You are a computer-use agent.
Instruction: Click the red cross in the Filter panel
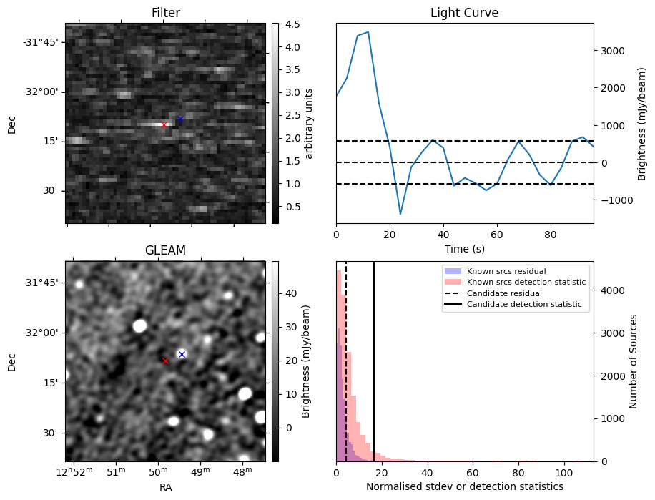(164, 124)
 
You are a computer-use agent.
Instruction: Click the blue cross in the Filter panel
(180, 119)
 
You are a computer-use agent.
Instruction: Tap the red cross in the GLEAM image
(165, 361)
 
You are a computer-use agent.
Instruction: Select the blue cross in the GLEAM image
(182, 354)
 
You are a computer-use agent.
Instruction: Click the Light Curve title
(464, 13)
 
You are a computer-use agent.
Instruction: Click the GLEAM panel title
(165, 250)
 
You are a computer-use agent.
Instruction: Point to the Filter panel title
(165, 13)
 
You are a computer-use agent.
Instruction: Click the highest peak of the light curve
(368, 32)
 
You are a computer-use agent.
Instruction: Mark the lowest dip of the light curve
(400, 214)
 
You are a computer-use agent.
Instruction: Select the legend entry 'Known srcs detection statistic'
(526, 283)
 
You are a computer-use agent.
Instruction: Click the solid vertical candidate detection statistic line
(374, 358)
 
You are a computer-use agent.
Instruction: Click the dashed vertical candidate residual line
(346, 358)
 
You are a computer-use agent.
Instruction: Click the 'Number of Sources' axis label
(634, 361)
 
